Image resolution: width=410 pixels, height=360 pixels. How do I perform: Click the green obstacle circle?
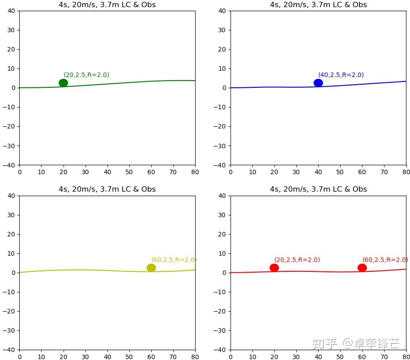click(63, 83)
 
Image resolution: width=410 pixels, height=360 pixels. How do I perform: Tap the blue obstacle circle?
click(318, 83)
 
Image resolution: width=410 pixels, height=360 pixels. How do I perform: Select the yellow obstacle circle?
click(151, 268)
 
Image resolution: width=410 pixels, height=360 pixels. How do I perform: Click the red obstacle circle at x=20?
click(274, 268)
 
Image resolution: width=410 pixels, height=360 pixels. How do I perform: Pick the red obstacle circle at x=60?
click(362, 268)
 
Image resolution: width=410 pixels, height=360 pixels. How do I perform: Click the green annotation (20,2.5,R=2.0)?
click(86, 75)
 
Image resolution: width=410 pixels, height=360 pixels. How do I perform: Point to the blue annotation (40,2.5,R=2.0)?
click(341, 75)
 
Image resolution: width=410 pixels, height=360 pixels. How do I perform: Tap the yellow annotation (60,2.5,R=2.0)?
click(174, 260)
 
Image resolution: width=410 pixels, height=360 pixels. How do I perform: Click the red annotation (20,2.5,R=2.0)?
click(297, 260)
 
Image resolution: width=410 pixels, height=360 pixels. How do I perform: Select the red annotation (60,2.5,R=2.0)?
click(385, 260)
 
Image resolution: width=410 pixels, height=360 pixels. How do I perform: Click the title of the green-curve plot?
click(107, 5)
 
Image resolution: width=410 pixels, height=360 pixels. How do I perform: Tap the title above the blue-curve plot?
click(318, 5)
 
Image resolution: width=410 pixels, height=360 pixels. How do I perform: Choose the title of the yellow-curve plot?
click(107, 189)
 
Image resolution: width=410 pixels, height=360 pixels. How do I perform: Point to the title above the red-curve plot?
click(318, 189)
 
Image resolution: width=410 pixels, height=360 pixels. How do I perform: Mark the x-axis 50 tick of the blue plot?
click(340, 172)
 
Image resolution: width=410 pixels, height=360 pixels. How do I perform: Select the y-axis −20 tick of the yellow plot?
click(10, 311)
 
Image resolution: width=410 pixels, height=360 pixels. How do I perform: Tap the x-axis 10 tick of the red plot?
click(252, 357)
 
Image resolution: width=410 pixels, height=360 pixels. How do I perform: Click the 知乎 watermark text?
click(325, 344)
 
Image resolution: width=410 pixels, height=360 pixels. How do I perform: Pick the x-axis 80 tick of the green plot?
click(195, 172)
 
